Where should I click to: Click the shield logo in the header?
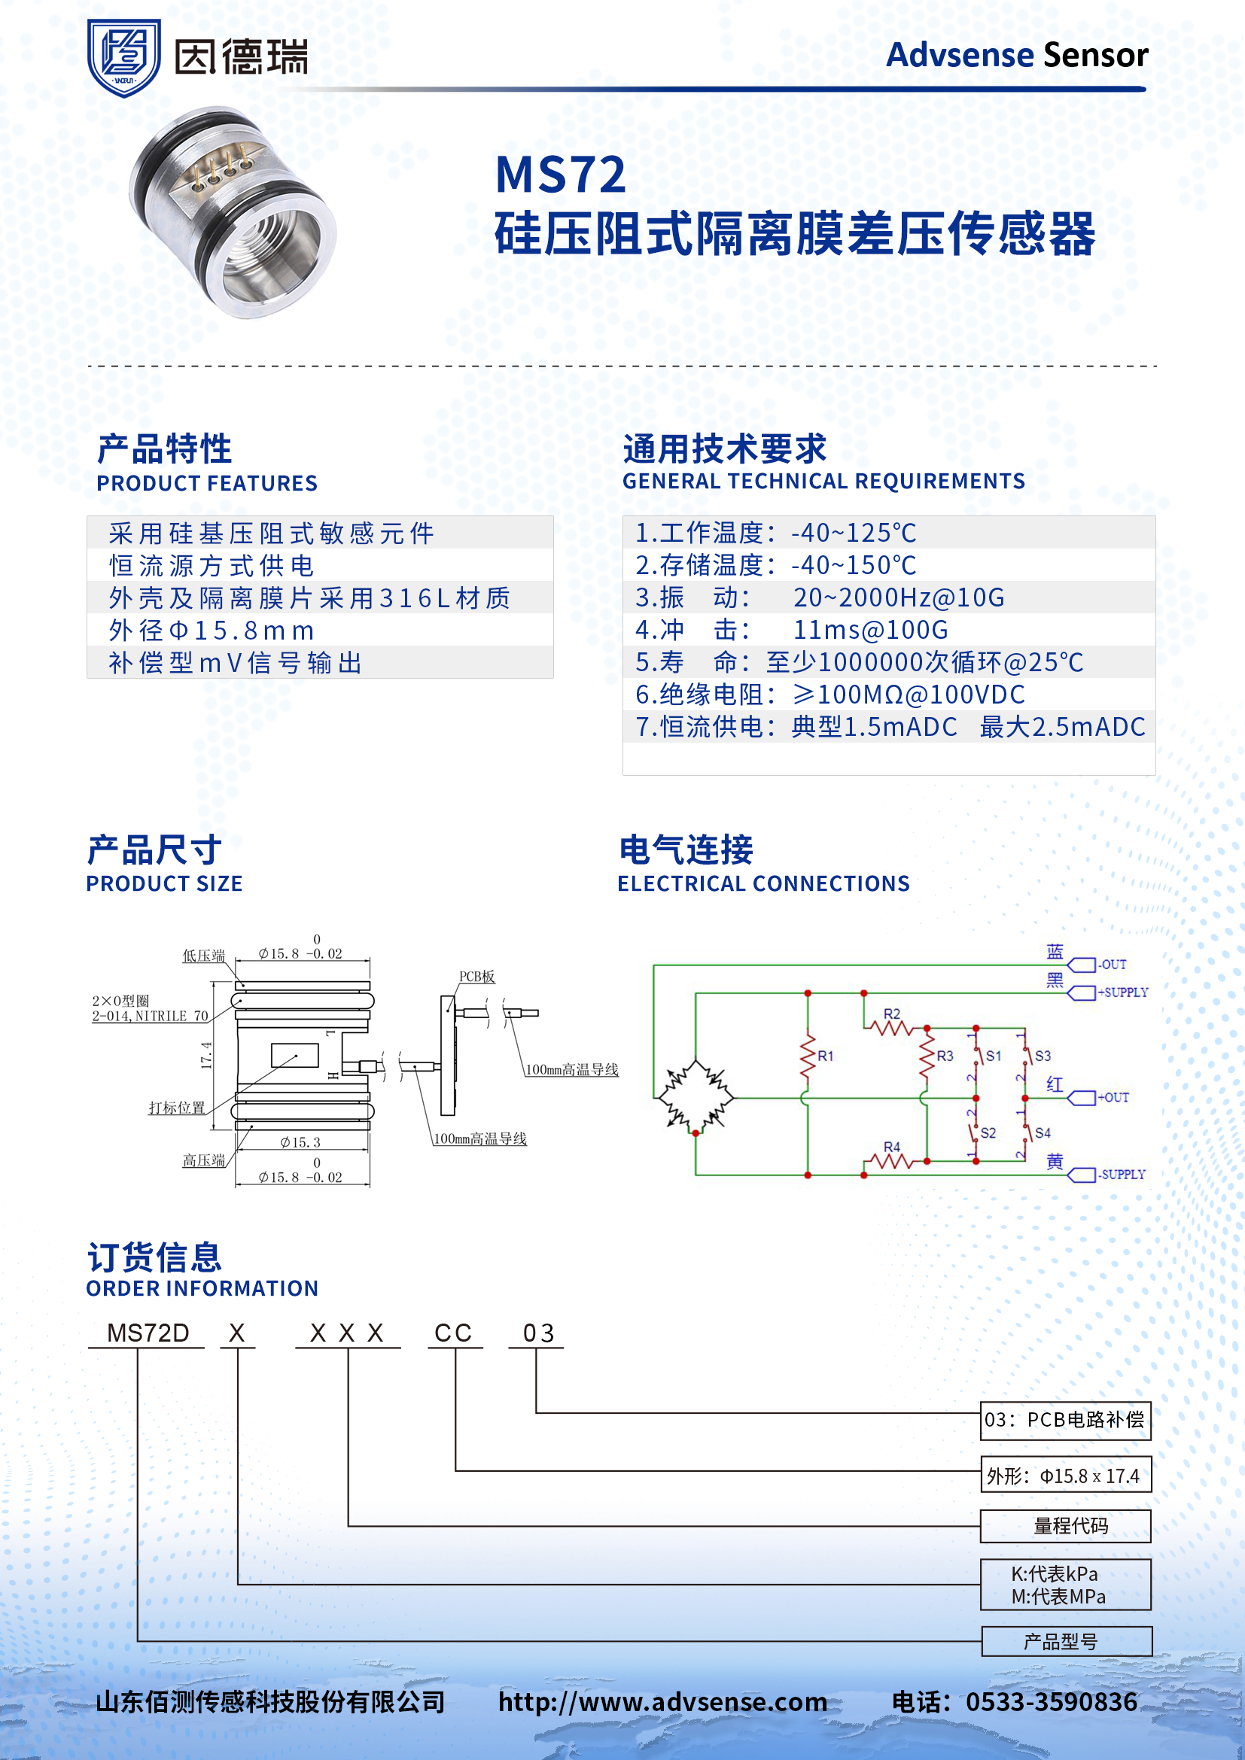point(123,57)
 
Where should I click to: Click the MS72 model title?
point(561,175)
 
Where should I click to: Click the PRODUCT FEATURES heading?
point(206,483)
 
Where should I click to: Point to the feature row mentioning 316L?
point(309,598)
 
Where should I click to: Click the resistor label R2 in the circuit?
point(891,1014)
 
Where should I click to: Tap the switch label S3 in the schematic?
point(1043,1056)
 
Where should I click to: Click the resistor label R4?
point(891,1147)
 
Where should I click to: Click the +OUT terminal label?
point(1114,1098)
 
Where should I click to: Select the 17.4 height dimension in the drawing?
point(206,1056)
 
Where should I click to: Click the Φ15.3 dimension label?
point(300,1142)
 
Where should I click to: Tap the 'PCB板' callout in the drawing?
point(476,977)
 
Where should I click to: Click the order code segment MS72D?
point(148,1333)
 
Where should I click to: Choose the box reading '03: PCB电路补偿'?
point(1066,1420)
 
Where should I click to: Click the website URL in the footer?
point(662,1702)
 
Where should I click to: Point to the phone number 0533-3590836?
point(1051,1702)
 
